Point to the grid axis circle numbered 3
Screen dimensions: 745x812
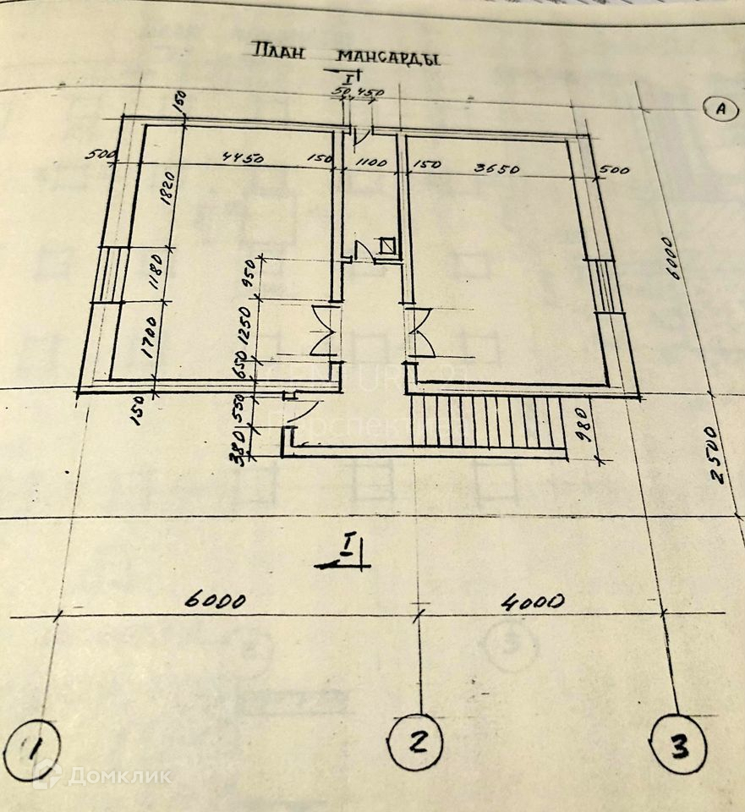681,745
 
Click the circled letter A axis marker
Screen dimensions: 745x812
720,109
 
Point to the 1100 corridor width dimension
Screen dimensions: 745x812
370,162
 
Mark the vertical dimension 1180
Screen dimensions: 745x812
155,271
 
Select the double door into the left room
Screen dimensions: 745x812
324,331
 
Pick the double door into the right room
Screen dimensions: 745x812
419,332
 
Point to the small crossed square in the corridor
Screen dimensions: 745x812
387,246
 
